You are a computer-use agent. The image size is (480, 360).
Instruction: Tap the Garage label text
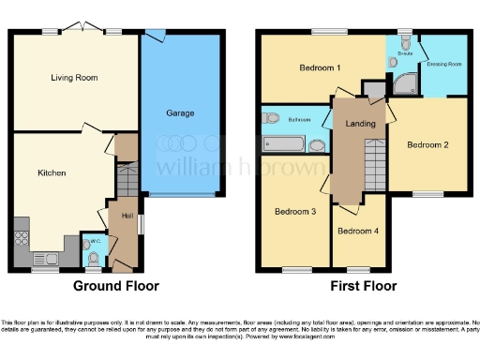point(181,113)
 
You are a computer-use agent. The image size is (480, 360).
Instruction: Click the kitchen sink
point(43,257)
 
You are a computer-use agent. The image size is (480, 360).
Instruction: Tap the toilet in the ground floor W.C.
point(91,256)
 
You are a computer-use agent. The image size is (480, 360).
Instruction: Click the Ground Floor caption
point(115,286)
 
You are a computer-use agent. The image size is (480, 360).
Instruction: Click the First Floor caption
point(363,286)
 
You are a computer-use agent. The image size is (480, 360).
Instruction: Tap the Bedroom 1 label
point(320,68)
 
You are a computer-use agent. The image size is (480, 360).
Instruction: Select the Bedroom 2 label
point(428,144)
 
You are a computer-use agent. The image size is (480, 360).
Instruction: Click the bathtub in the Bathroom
point(284,145)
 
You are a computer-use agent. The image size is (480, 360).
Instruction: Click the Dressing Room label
point(443,64)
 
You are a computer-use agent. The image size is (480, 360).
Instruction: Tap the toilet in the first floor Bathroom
point(272,118)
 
